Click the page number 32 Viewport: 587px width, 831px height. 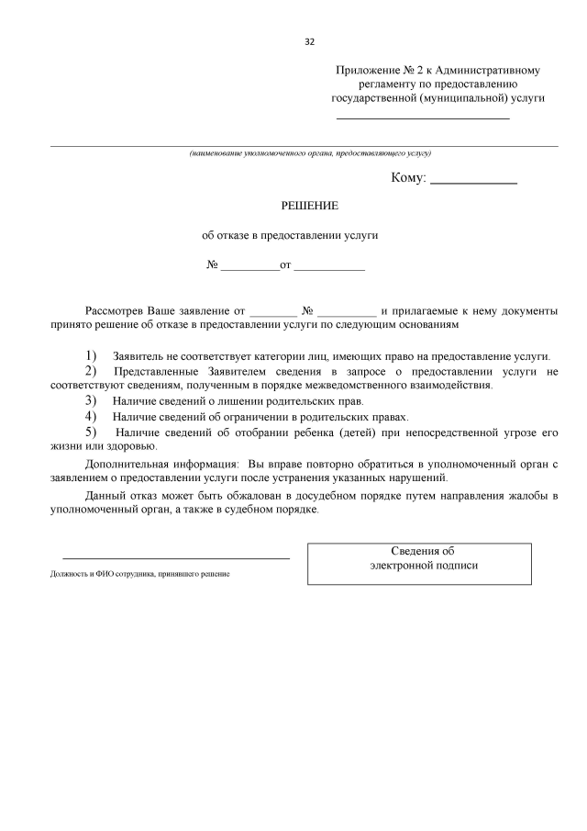pos(309,41)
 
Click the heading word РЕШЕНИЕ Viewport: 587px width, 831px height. pos(309,206)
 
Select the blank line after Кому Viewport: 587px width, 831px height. pos(473,183)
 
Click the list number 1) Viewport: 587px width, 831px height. pos(91,355)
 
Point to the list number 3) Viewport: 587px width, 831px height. pos(91,400)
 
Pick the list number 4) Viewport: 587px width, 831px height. pos(91,416)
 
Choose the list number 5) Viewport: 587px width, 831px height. pos(91,431)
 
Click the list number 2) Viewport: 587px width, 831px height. pos(91,370)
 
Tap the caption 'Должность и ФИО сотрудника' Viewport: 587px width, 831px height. pos(140,574)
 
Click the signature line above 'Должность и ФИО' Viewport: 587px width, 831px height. pos(175,557)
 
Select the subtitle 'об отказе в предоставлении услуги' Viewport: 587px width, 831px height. pos(290,235)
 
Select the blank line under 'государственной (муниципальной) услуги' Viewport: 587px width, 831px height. pos(423,118)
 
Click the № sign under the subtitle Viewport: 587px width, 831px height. pos(212,265)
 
